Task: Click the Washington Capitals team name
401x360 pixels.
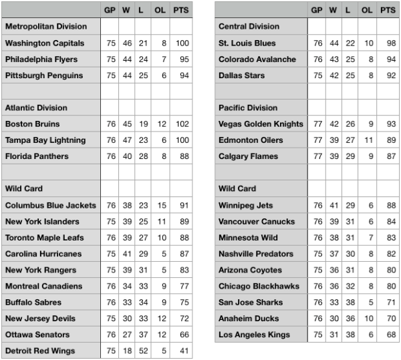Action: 45,43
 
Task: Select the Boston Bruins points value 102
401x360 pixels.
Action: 180,124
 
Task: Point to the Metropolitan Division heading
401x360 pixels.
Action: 46,27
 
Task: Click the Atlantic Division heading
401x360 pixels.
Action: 37,108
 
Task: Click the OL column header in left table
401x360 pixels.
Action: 160,10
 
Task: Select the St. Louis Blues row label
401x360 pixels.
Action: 247,43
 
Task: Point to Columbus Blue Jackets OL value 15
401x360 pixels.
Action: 160,206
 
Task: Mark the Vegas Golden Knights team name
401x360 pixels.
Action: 261,124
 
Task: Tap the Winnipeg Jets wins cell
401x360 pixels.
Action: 335,206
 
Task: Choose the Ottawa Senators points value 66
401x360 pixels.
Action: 180,335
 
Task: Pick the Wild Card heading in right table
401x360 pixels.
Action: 237,189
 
